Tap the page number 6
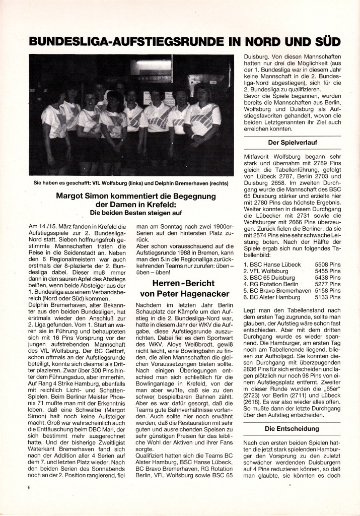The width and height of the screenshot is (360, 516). pos(30,487)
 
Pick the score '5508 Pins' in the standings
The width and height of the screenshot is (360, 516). pos(328,264)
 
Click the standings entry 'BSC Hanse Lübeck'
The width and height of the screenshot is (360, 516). pos(271,264)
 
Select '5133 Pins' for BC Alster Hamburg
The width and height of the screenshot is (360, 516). pos(328,297)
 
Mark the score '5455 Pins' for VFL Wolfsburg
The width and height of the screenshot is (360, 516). pos(328,271)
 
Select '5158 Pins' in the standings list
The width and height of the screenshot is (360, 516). pos(328,291)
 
